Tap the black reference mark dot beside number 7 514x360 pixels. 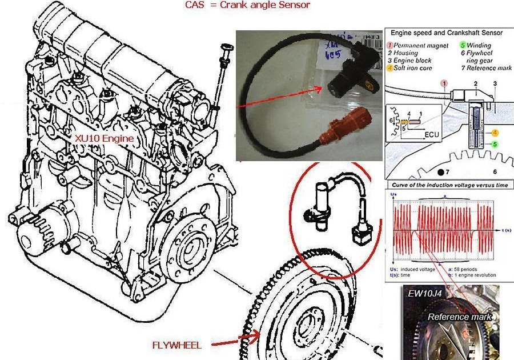point(439,171)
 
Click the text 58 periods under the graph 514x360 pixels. point(479,267)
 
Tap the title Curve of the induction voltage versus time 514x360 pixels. point(449,185)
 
